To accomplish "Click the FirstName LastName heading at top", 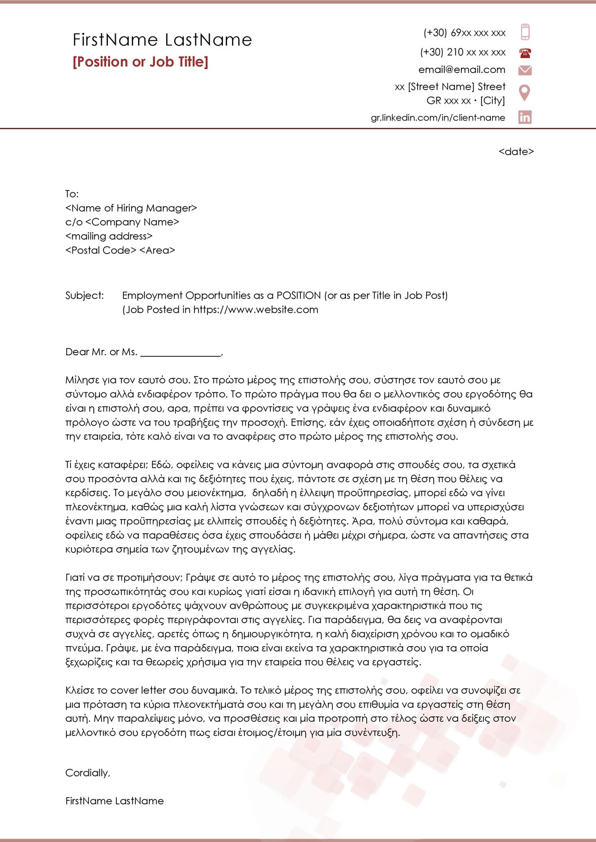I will click(x=162, y=40).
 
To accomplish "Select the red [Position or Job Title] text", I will click(x=140, y=62).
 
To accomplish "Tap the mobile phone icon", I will click(x=525, y=32).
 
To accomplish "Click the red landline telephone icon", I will click(x=525, y=53).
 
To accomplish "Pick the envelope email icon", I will click(x=525, y=70).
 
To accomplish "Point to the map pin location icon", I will click(x=525, y=93).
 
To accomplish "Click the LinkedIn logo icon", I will click(x=525, y=117).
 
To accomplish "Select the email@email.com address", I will click(x=462, y=70).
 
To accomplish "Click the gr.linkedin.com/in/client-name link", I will click(x=438, y=117).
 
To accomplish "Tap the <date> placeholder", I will click(x=516, y=152).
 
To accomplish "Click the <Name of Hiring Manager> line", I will click(x=131, y=208).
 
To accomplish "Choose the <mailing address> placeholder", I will click(x=109, y=236).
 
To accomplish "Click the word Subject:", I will click(x=85, y=295).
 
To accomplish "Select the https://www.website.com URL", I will click(x=256, y=309).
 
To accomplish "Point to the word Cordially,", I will click(x=88, y=773).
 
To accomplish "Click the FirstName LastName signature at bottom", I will click(x=115, y=801).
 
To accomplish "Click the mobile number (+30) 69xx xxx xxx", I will click(x=465, y=33).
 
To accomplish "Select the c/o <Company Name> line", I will click(x=122, y=222).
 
